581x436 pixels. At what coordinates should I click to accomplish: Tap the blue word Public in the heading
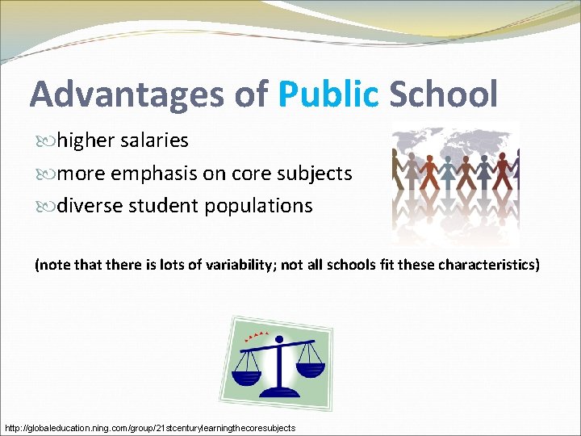[x=328, y=94]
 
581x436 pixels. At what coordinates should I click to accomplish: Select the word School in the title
[x=443, y=94]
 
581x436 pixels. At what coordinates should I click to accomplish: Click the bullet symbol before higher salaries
[x=45, y=141]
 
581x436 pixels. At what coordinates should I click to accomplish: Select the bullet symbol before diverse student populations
[x=45, y=207]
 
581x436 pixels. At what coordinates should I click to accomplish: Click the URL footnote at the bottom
[x=150, y=427]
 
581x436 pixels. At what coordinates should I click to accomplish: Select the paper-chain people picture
[x=454, y=184]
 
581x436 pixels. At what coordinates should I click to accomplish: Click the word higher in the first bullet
[x=86, y=141]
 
